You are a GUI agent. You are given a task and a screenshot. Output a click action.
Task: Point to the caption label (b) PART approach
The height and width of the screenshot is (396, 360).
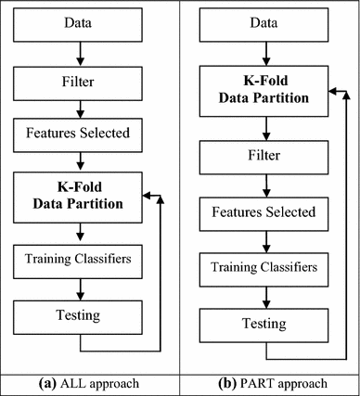click(269, 383)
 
